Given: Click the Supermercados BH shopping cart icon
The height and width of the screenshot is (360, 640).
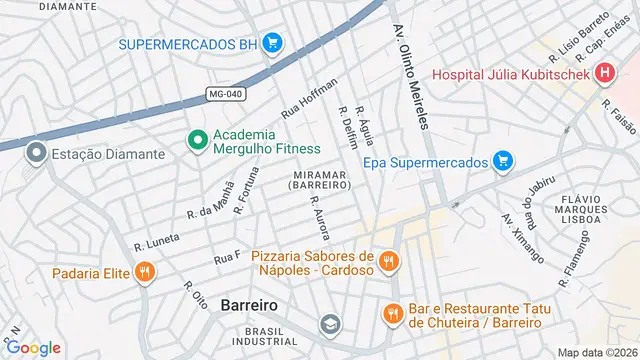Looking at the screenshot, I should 273,43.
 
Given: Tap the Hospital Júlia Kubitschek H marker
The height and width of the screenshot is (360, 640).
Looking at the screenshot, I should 603,73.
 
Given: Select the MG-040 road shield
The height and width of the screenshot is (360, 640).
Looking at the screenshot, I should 226,95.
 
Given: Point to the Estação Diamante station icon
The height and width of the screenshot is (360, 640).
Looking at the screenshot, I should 37,154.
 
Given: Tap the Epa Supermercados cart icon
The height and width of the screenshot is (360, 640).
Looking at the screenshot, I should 502,161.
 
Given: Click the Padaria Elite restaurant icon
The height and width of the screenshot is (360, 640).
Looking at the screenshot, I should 145,271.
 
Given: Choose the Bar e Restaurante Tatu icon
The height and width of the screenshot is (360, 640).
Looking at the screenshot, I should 392,313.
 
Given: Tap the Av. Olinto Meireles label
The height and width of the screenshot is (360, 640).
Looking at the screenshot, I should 412,76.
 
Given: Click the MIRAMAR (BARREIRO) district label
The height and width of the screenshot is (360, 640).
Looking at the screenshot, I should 321,181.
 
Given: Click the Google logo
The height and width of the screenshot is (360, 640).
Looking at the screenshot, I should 33,347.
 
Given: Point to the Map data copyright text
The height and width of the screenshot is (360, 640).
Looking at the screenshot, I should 596,352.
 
